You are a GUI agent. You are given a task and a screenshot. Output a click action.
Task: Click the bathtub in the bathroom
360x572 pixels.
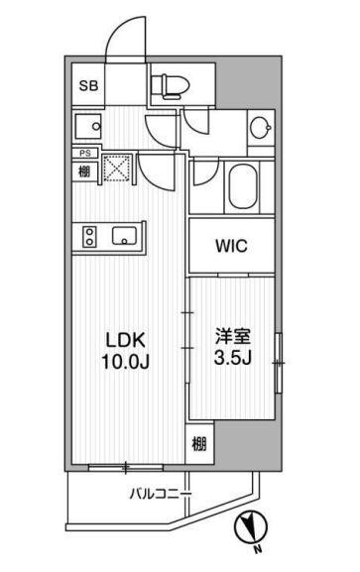tap(242, 184)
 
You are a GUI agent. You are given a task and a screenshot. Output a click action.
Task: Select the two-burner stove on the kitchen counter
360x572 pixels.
tap(87, 237)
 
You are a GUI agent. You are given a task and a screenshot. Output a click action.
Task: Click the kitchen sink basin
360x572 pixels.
tap(126, 236)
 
